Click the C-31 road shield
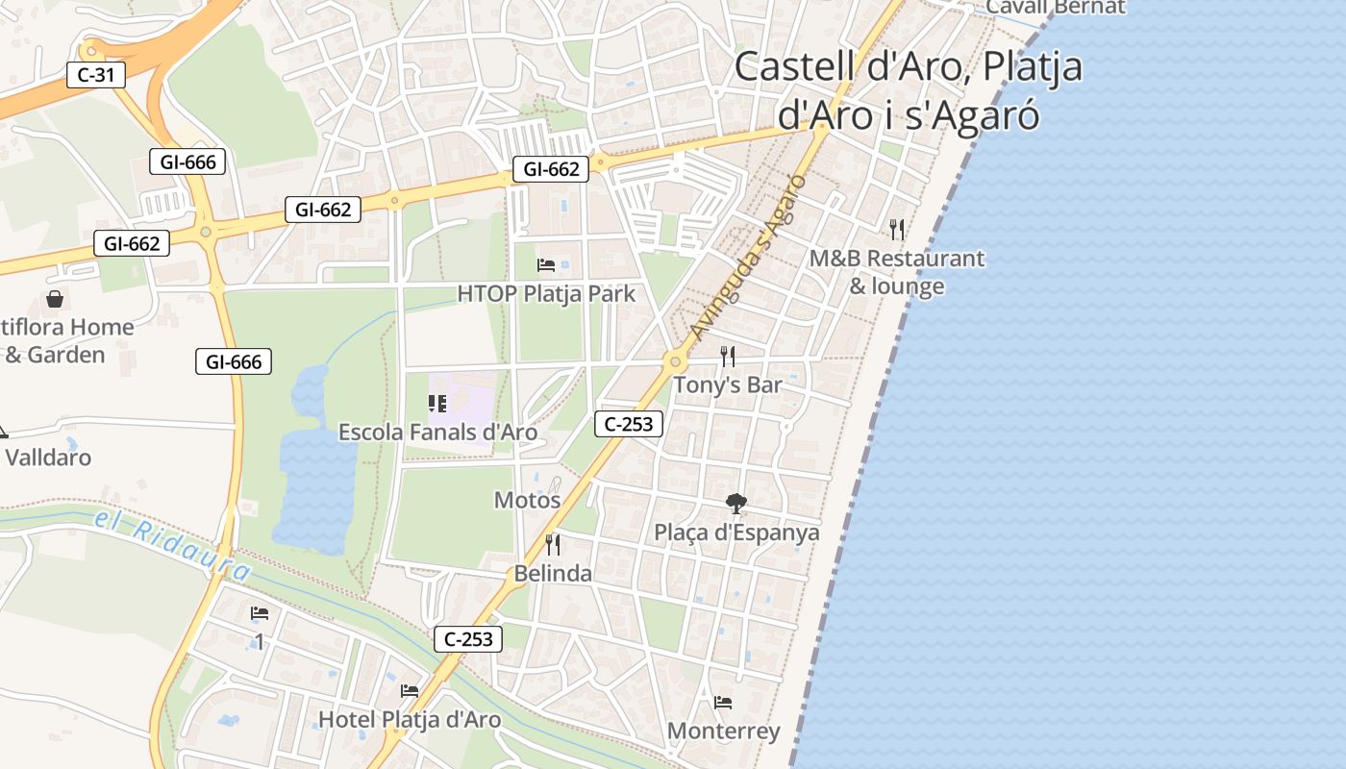96,75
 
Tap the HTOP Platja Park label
546,293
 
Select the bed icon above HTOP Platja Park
546,265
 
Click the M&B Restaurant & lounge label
896,272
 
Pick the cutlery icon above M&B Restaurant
897,229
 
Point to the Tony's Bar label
728,384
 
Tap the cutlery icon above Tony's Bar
728,357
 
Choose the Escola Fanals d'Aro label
437,433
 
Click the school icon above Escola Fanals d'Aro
437,404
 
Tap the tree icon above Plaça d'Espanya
736,503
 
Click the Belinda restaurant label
553,574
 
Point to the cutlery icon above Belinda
553,545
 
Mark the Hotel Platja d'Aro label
410,719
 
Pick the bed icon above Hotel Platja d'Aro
410,690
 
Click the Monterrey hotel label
723,732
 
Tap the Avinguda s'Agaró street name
746,257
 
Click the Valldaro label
48,458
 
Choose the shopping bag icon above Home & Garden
55,299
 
